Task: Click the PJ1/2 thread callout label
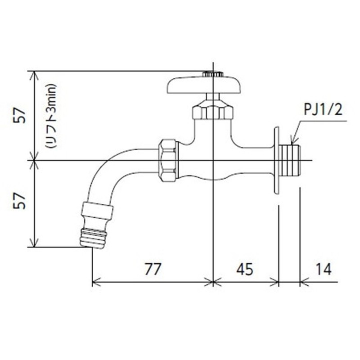click(323, 110)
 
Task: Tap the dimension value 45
click(245, 269)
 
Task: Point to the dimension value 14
click(324, 269)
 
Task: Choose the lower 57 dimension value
click(19, 201)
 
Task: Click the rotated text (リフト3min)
click(50, 116)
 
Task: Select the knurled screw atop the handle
click(213, 74)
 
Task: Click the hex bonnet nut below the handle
click(213, 111)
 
